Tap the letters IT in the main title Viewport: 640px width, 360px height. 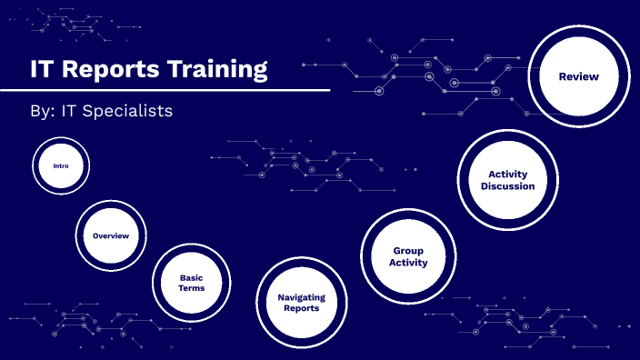pos(42,69)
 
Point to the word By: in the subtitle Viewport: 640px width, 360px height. pos(42,111)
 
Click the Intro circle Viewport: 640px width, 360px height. pos(61,166)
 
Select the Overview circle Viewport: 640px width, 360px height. pos(110,236)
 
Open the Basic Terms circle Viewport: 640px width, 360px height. pos(191,283)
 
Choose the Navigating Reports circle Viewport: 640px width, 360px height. pos(301,303)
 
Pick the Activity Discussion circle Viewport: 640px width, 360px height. pos(507,180)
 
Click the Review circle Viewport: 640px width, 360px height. pos(578,77)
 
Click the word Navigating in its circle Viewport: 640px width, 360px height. pos(301,297)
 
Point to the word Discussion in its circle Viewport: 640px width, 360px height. pos(507,186)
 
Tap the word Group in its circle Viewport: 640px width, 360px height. pos(408,250)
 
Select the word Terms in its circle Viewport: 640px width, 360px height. pos(191,289)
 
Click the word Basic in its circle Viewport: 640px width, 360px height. pos(191,277)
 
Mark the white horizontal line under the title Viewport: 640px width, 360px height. pos(164,90)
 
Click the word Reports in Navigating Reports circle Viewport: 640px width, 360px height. pos(301,309)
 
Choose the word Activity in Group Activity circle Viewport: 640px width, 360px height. pos(408,263)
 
